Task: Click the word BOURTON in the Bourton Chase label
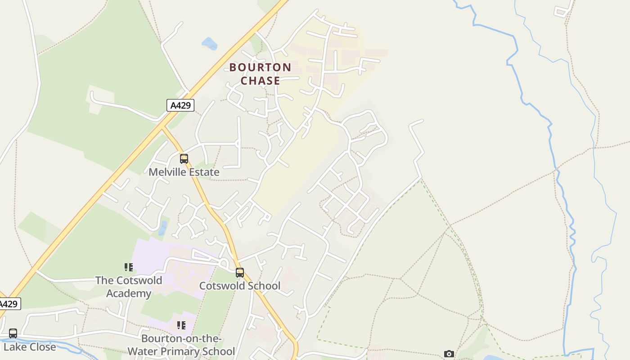(260, 67)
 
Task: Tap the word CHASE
(260, 81)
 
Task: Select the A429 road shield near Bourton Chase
(180, 105)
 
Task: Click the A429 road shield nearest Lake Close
(9, 304)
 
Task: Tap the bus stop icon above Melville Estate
(184, 158)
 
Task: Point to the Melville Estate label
(184, 172)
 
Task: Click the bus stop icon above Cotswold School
(240, 272)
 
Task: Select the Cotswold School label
(239, 286)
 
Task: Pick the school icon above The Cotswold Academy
(129, 267)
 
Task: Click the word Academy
(129, 293)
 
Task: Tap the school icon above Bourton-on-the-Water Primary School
(181, 325)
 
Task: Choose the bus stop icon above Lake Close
(13, 333)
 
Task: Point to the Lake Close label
(30, 347)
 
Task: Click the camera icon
(449, 354)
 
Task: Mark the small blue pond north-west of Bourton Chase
(210, 44)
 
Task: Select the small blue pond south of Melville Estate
(162, 228)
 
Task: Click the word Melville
(166, 172)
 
